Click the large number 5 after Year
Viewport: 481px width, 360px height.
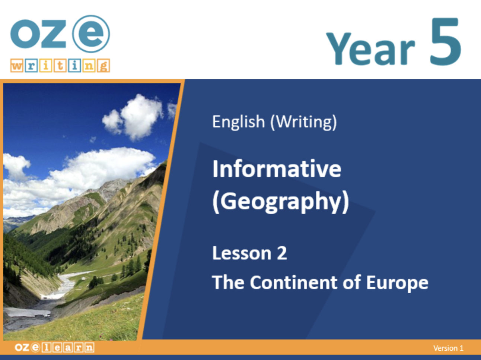pos(446,42)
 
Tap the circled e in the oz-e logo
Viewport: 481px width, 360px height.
pos(91,34)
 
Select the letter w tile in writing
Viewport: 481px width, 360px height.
pos(17,66)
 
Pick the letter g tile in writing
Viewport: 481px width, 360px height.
pos(103,66)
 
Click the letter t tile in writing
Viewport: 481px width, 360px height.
pos(60,66)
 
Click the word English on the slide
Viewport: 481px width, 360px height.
pos(238,122)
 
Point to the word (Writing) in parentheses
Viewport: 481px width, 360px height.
pos(304,122)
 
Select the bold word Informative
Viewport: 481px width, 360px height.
pos(277,169)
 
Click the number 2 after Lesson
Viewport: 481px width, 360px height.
pos(282,253)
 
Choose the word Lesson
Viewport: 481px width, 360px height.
pos(242,253)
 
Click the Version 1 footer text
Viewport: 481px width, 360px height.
pos(448,348)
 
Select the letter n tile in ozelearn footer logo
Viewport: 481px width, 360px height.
pos(89,347)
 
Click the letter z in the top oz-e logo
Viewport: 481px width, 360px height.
pos(54,34)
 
